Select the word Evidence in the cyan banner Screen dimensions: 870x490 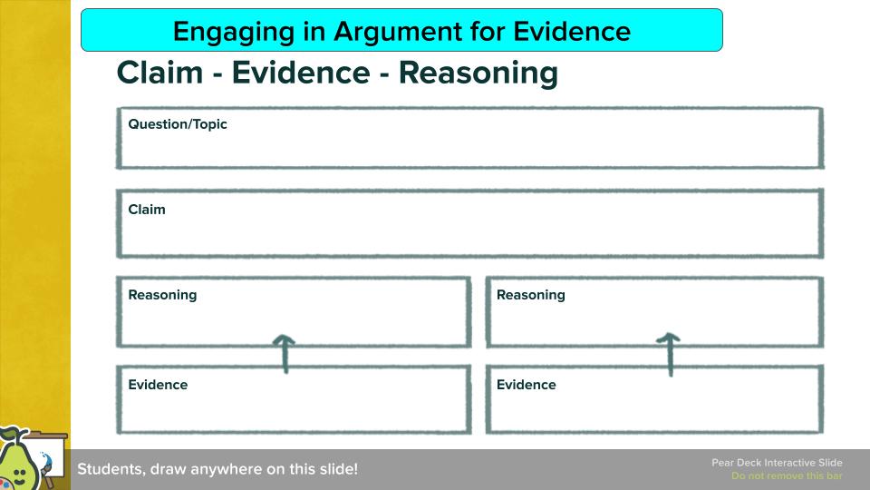pyautogui.click(x=572, y=31)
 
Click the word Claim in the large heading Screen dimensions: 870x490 pyautogui.click(x=159, y=73)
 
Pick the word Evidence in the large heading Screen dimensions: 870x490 pyautogui.click(x=301, y=73)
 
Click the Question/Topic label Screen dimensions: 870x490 pyautogui.click(x=178, y=124)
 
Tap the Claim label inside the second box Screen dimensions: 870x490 pyautogui.click(x=147, y=210)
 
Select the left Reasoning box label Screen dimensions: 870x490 pyautogui.click(x=162, y=295)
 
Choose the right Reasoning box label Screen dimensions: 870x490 pyautogui.click(x=531, y=295)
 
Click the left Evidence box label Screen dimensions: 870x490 pyautogui.click(x=158, y=385)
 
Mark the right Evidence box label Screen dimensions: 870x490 pyautogui.click(x=526, y=385)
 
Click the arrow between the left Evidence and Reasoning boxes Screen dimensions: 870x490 pyautogui.click(x=285, y=353)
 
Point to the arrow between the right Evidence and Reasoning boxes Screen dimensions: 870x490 pyautogui.click(x=670, y=354)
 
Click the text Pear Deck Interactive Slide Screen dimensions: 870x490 pyautogui.click(x=777, y=462)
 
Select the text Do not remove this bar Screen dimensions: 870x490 pyautogui.click(x=787, y=475)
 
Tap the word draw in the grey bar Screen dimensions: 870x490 pyautogui.click(x=169, y=469)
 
